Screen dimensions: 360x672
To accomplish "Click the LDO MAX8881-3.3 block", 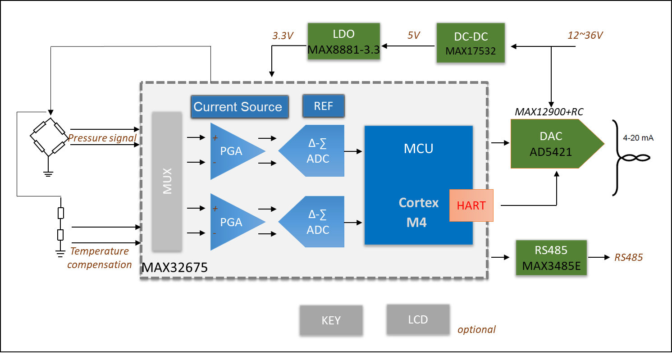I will click(x=343, y=42).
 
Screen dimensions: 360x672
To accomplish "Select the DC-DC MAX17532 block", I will click(x=470, y=43).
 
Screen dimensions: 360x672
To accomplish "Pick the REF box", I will click(x=323, y=106).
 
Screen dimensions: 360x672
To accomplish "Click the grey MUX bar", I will click(x=167, y=181).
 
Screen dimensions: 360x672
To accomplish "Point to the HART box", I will click(x=471, y=205).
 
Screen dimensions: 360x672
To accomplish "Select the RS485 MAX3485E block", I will click(x=551, y=258).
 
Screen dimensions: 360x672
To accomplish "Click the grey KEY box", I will click(x=331, y=320).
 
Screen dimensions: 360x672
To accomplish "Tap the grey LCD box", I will click(x=418, y=319).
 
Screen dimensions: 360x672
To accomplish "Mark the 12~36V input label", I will click(x=585, y=35).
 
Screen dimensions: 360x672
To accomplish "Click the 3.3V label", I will click(x=283, y=36).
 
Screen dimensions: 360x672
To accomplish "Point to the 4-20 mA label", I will click(x=638, y=138).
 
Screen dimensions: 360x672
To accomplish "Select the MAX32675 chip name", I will click(x=175, y=269).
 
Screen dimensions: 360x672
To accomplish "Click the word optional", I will click(x=476, y=329).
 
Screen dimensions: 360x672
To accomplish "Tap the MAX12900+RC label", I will click(x=549, y=111).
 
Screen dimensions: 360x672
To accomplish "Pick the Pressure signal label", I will click(x=102, y=138).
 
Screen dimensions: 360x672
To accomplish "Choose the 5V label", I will click(x=414, y=35).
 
